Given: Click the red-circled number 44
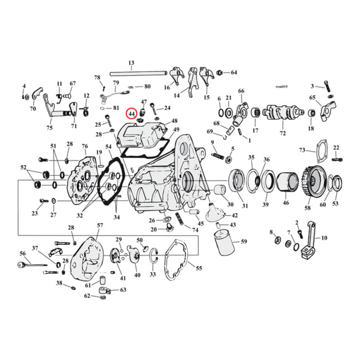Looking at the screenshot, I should (131, 114).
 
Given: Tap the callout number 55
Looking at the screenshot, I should (198, 269).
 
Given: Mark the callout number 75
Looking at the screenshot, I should (49, 127).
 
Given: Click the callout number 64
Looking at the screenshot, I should (234, 72).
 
